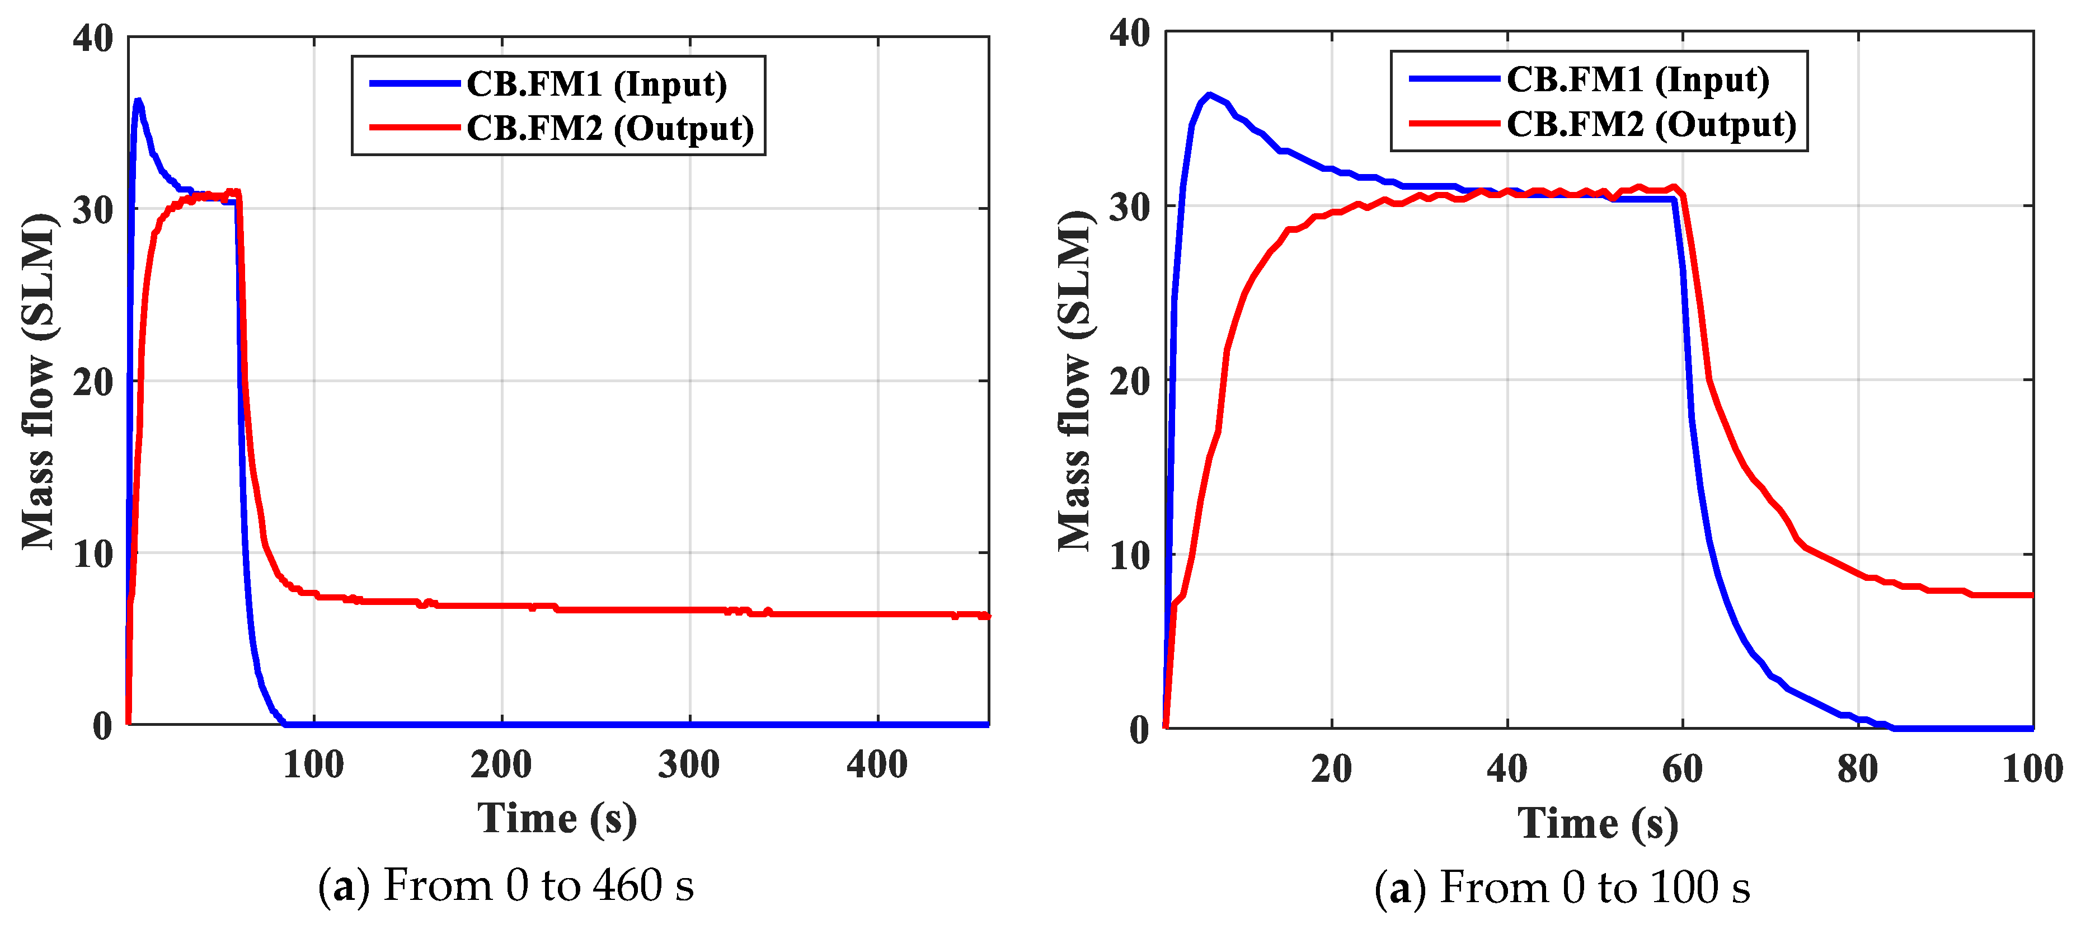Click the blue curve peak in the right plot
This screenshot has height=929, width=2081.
click(1209, 95)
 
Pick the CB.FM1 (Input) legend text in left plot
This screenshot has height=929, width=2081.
click(596, 84)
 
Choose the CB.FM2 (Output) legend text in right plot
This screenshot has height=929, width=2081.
click(1651, 124)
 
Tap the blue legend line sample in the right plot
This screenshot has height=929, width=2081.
click(1454, 79)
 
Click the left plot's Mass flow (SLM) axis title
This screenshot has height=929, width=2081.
click(38, 381)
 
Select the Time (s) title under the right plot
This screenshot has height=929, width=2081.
click(1598, 824)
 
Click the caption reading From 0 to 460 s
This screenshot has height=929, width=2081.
click(506, 885)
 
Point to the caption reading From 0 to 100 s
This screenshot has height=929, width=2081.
click(1562, 888)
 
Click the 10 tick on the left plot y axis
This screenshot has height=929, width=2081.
click(93, 554)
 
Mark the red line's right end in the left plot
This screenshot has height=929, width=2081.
click(987, 616)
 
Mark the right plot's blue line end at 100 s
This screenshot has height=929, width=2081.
click(2030, 728)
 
